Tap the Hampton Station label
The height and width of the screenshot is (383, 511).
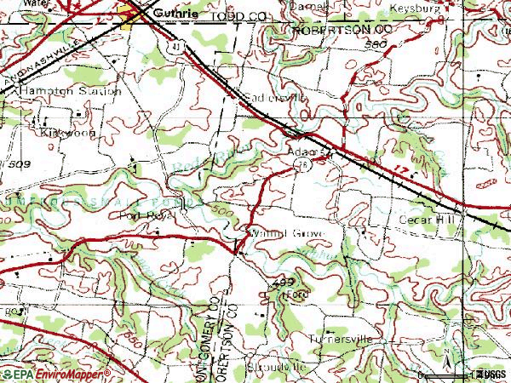coord(86,89)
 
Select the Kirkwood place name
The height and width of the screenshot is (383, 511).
coord(63,133)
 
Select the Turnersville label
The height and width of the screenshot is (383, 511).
coord(342,339)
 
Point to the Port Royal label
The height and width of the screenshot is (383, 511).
coord(147,215)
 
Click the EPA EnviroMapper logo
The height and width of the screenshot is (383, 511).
coord(56,373)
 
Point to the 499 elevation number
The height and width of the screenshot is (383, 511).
coord(284,280)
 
